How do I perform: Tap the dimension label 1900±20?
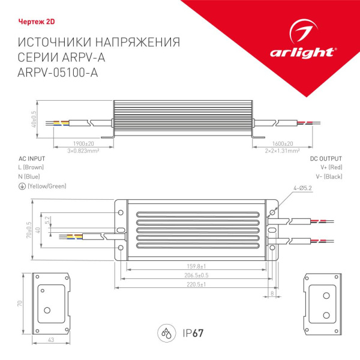(83, 144)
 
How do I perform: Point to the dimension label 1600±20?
(281, 144)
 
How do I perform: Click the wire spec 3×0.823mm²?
(83, 151)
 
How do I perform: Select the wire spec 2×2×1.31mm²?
(281, 151)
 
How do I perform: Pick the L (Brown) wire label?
(31, 167)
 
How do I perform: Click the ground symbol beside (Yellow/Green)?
(22, 187)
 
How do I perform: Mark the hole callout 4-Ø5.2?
(302, 188)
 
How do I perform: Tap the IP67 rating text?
(191, 333)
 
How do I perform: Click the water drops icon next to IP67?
(165, 333)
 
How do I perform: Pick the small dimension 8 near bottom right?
(273, 294)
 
